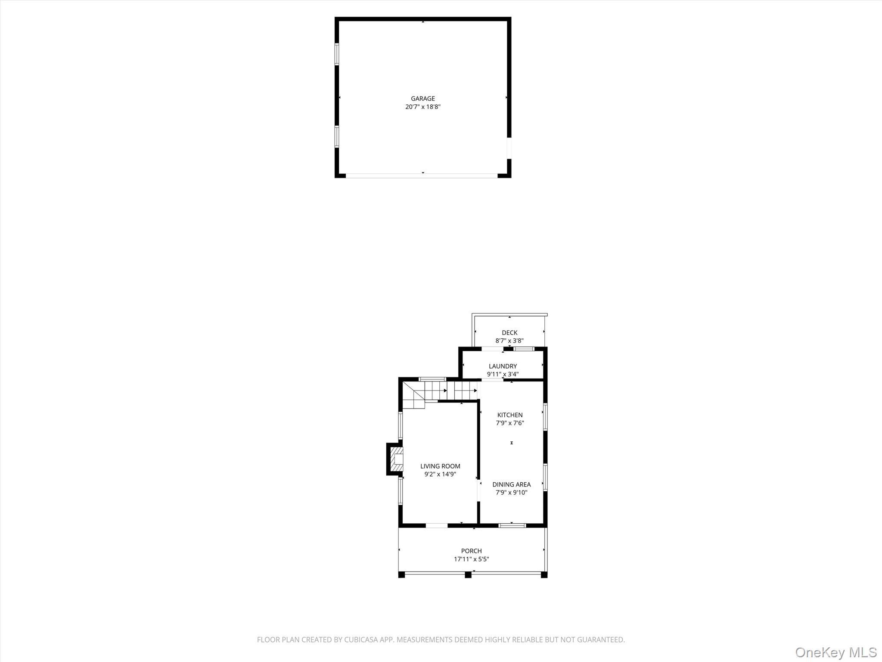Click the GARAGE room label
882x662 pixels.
point(422,99)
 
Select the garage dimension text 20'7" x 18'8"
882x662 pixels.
point(422,107)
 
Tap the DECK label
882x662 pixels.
point(509,333)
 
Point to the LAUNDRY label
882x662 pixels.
point(503,366)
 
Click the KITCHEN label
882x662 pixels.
point(510,415)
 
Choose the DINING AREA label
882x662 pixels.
point(511,484)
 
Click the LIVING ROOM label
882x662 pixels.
point(440,466)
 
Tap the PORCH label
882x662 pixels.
point(471,551)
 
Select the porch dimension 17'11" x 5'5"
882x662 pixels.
point(471,559)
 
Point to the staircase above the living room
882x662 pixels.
point(439,392)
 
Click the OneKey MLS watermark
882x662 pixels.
point(835,652)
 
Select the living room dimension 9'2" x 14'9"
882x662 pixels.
point(440,475)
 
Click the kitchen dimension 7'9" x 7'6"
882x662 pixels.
point(510,423)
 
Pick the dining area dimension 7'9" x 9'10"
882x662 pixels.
point(511,493)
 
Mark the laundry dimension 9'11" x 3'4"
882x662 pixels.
point(503,375)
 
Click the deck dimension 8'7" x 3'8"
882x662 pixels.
point(509,341)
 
